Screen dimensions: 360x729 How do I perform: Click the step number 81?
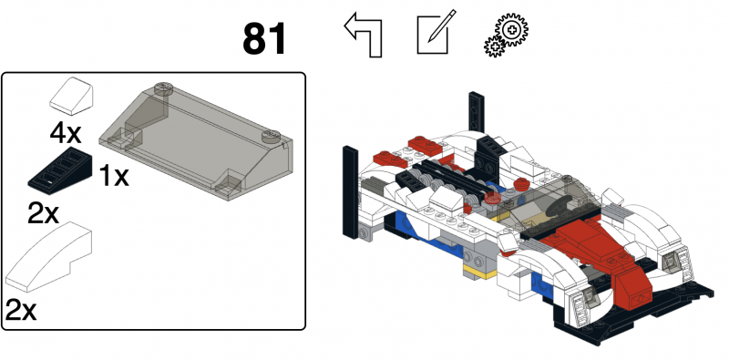[x=264, y=38]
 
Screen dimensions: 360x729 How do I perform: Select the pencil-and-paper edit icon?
[x=434, y=36]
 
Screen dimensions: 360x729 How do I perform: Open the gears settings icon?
[x=507, y=37]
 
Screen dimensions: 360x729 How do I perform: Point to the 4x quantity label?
[x=66, y=134]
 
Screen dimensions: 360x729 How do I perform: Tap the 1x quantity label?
[x=114, y=176]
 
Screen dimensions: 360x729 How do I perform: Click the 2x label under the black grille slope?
[x=43, y=215]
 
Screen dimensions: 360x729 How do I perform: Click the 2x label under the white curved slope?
[x=21, y=310]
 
